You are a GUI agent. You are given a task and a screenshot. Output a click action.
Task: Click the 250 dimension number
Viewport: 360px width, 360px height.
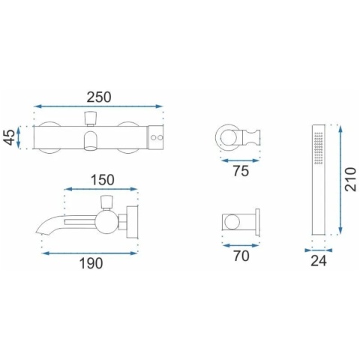coord(99,97)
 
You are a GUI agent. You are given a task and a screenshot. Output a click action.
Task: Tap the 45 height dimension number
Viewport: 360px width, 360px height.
coord(10,137)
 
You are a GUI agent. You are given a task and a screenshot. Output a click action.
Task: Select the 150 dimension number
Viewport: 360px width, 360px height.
coord(103,180)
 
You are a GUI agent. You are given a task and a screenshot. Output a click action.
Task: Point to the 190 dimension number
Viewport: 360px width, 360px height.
coord(91,263)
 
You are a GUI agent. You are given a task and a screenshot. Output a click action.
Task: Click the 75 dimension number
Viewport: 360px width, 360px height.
coord(241,171)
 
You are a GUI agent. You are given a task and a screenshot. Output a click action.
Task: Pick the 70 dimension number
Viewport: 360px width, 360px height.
coord(241,256)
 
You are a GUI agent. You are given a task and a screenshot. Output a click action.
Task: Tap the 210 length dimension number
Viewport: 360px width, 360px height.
coord(350,179)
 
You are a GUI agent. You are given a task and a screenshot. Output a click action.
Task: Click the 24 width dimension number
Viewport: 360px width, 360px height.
coord(319,261)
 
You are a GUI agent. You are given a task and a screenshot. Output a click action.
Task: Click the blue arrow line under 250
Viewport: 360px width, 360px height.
coord(98,106)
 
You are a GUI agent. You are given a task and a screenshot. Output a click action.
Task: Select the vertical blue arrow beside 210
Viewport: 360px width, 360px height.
coord(340,180)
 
